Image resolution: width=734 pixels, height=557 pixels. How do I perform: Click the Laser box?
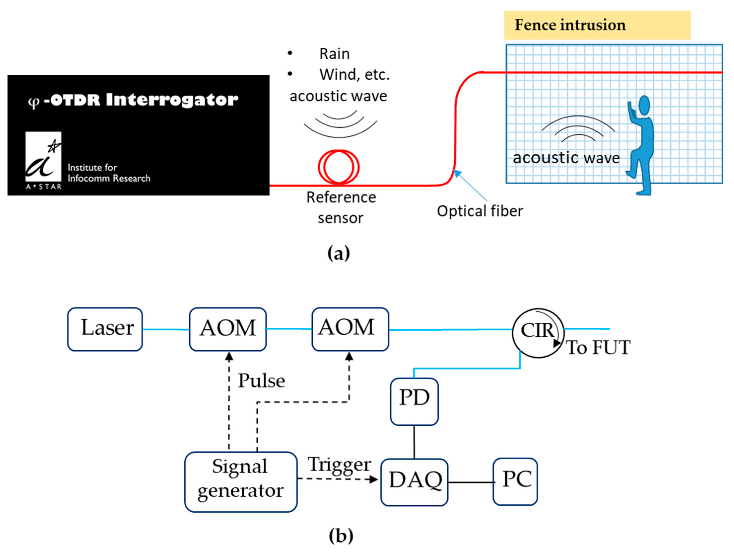click(105, 329)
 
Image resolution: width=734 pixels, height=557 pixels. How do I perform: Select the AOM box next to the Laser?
click(228, 329)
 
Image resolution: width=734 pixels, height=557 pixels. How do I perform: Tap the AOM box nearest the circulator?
click(350, 329)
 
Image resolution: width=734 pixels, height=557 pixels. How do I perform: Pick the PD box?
click(414, 401)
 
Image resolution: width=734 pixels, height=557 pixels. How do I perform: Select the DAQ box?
click(414, 482)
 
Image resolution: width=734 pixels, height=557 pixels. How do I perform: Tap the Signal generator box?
click(241, 482)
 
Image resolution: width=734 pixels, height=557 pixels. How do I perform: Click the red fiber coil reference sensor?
click(338, 167)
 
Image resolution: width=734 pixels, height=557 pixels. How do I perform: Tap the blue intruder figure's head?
click(644, 106)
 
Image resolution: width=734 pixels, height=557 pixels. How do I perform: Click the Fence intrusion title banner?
click(597, 25)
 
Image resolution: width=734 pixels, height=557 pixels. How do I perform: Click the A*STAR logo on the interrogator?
click(43, 161)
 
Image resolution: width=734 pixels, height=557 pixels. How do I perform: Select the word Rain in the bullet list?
click(334, 54)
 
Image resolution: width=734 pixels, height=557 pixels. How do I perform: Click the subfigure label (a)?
click(338, 254)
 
